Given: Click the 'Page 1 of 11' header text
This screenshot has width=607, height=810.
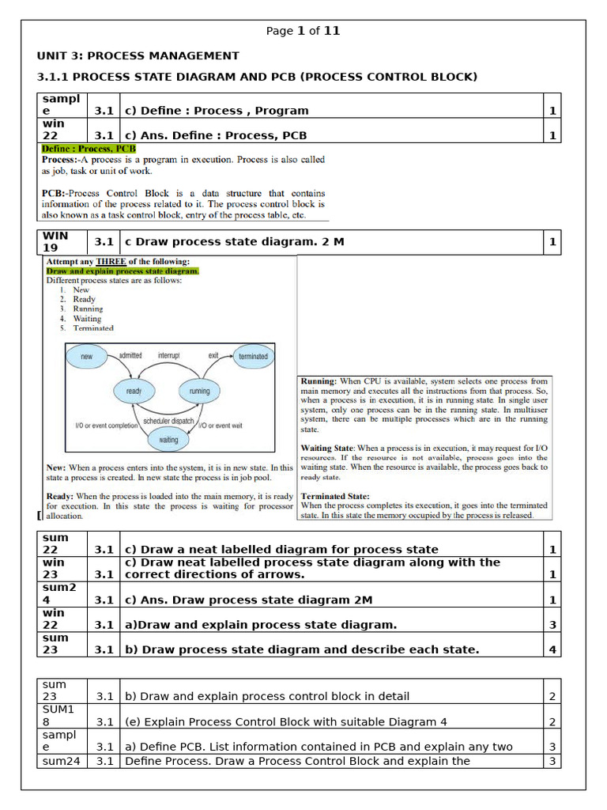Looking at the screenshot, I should coord(303,31).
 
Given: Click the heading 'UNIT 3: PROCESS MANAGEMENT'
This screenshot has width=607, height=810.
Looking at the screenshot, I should coord(138,55).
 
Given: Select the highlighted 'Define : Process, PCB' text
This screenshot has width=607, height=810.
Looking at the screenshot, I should coord(89,148).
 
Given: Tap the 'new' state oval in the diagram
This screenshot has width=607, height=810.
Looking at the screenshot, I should coord(87,357).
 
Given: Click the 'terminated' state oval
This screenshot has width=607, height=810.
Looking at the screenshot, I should coord(253,357).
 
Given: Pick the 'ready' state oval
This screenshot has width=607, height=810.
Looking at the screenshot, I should coord(134,391).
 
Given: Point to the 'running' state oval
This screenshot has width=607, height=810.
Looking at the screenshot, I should coord(199,391).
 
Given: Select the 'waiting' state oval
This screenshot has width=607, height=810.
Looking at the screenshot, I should coord(168,439).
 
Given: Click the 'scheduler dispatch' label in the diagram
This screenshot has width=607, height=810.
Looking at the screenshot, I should coord(168,421).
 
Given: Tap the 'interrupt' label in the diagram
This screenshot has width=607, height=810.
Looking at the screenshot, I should coord(168,356).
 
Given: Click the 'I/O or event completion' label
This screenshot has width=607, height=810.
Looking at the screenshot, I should coord(107,426).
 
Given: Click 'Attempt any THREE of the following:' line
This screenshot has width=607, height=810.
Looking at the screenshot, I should coord(118,262).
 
